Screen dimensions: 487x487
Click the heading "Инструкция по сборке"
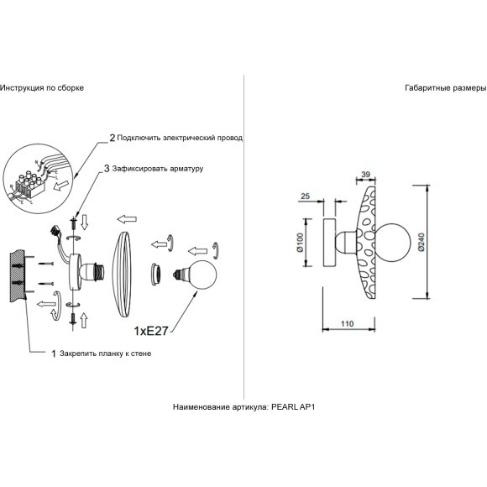pyautogui.click(x=42, y=88)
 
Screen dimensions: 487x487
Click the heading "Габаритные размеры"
pyautogui.click(x=446, y=88)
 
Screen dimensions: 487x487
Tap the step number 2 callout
pyautogui.click(x=113, y=138)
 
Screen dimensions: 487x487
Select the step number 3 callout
pyautogui.click(x=107, y=169)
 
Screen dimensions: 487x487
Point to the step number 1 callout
pyautogui.click(x=54, y=353)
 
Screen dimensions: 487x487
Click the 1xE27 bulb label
pyautogui.click(x=151, y=331)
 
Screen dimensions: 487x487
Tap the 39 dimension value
pyautogui.click(x=366, y=175)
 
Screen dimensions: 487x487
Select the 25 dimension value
pyautogui.click(x=306, y=196)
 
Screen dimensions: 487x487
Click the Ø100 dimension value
pyautogui.click(x=300, y=243)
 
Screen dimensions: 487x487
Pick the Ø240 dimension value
pyautogui.click(x=422, y=242)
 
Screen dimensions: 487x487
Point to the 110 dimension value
pyautogui.click(x=347, y=323)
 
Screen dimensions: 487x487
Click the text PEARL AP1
pyautogui.click(x=293, y=407)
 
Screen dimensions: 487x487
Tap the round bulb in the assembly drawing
pyautogui.click(x=202, y=275)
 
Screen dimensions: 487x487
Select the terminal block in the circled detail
pyautogui.click(x=30, y=184)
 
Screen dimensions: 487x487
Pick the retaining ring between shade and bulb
pyautogui.click(x=154, y=275)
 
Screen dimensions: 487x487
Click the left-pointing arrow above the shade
pyautogui.click(x=127, y=219)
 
